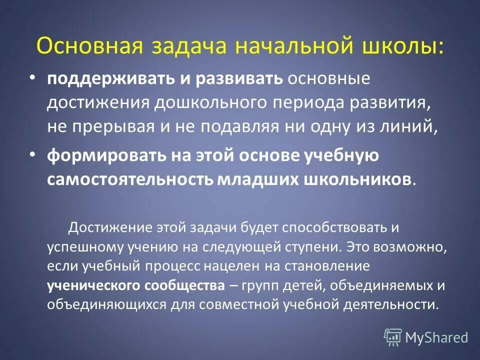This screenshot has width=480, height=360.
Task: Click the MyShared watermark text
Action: [436, 337]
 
